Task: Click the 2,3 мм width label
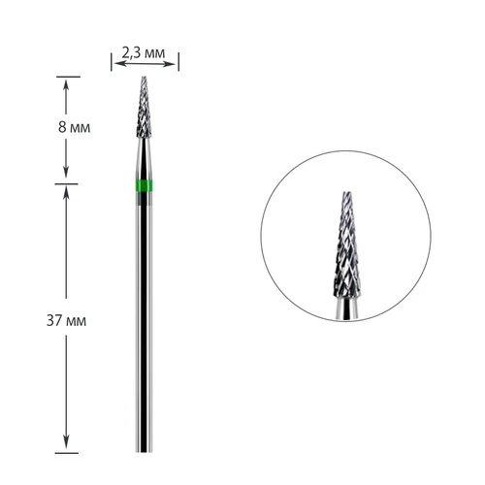coord(144,52)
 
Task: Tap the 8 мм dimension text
coord(74,127)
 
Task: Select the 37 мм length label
coord(67,321)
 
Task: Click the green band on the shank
coord(145,184)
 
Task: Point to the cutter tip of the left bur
coord(145,78)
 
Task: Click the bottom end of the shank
coord(145,451)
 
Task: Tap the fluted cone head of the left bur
coord(145,108)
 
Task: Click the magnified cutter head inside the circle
coord(346,244)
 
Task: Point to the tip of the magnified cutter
coord(346,193)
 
